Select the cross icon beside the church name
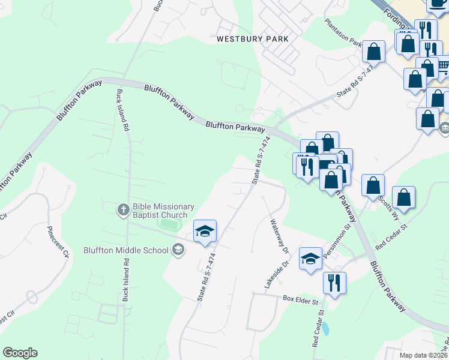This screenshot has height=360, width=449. (122, 209)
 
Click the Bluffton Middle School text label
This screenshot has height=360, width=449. (134, 249)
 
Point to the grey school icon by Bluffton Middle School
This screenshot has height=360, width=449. (178, 249)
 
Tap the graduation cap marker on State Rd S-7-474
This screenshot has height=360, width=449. (205, 231)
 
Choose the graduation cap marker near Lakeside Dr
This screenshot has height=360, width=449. (310, 259)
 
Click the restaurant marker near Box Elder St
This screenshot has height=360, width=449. (334, 281)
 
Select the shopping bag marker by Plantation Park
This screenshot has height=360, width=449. (374, 52)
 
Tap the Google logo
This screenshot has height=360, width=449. (20, 353)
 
